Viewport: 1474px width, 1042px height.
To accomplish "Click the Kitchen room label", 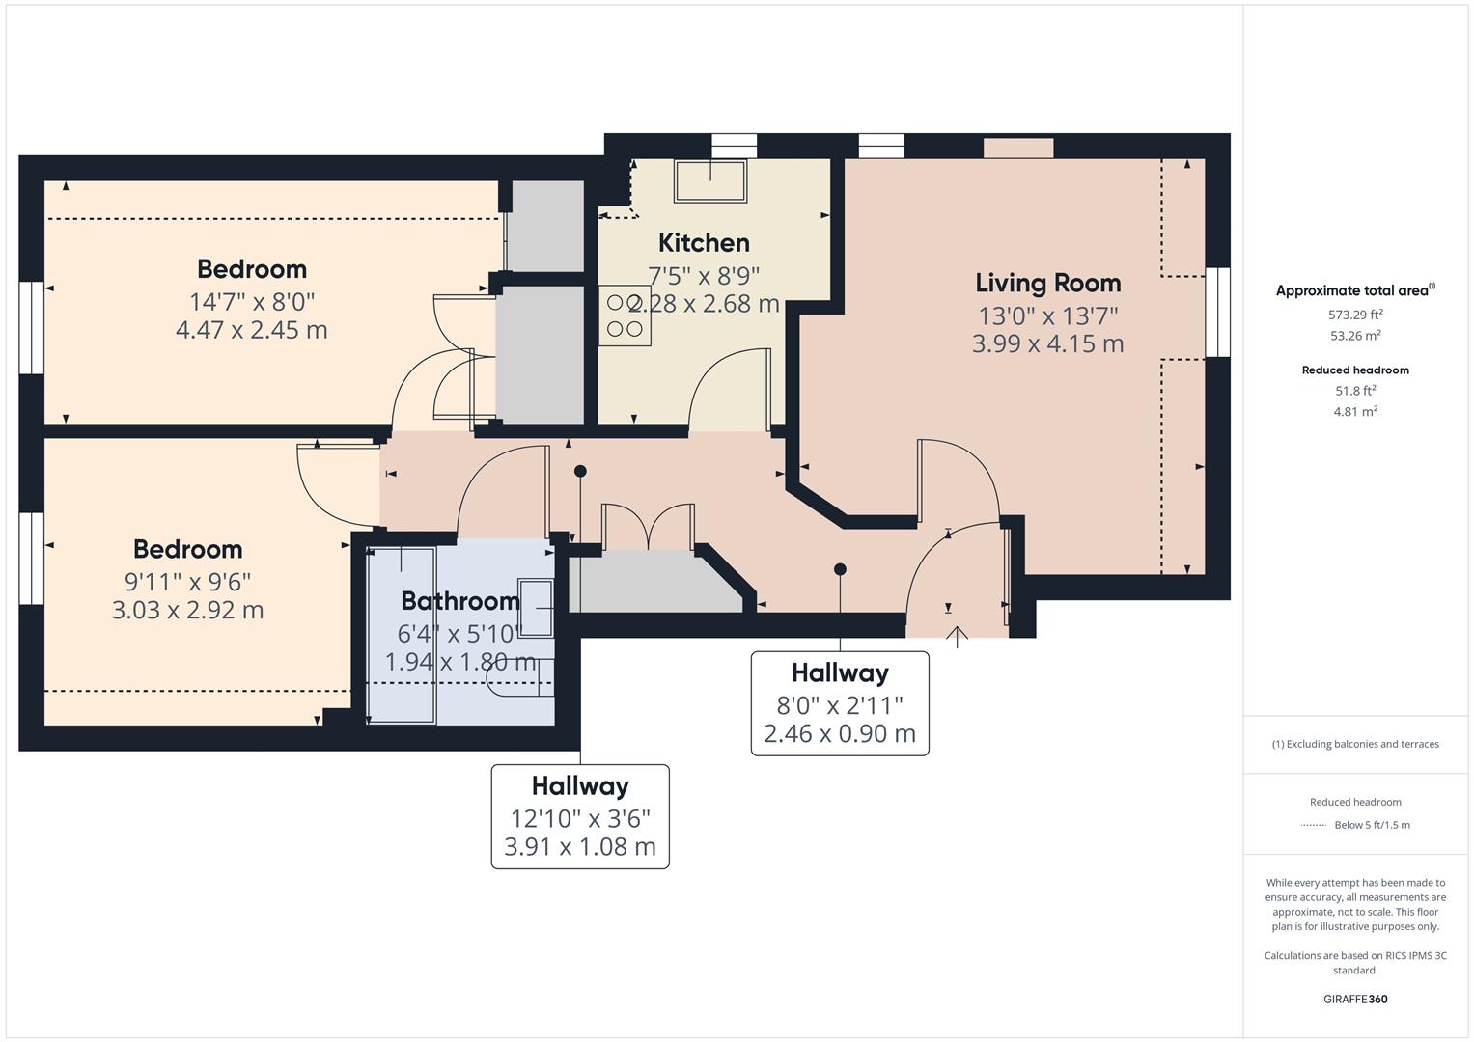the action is tap(704, 243).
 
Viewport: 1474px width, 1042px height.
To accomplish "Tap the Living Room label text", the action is tap(1047, 283).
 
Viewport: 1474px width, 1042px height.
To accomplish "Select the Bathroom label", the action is tap(459, 601).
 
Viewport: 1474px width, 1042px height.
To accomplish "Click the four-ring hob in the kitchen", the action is tap(625, 315).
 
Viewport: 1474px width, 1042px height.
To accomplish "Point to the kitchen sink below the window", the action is tap(711, 180).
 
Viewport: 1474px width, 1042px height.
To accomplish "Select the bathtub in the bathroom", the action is tap(402, 635).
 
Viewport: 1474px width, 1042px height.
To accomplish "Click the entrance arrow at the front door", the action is tap(957, 636).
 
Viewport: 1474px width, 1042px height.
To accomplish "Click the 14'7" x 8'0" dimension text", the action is tap(252, 301).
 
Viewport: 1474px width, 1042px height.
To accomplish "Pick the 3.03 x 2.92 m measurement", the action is tap(187, 610).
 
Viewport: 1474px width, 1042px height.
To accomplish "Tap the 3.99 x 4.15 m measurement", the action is tap(1047, 343).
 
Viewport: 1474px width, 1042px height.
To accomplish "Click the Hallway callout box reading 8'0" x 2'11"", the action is tap(840, 703).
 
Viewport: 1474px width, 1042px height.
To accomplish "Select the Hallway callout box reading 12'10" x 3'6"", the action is tap(580, 816).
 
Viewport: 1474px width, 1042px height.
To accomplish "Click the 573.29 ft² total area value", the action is tap(1355, 315).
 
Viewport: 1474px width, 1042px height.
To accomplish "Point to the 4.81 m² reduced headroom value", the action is tap(1355, 411).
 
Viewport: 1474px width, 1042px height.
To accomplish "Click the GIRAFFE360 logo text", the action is tap(1355, 999).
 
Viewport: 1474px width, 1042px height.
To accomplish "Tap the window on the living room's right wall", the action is tap(1217, 313).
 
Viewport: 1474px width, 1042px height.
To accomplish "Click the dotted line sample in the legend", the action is tap(1313, 825).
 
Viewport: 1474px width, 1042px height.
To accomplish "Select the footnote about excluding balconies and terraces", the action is tap(1355, 744).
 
